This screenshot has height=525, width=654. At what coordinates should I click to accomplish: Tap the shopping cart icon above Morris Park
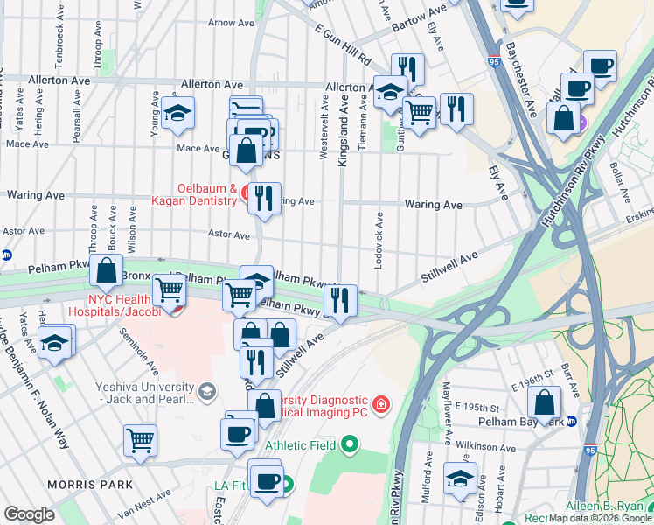tap(140, 441)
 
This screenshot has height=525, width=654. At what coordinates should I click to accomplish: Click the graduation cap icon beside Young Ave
tap(177, 113)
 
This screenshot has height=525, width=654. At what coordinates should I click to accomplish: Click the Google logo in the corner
tap(29, 514)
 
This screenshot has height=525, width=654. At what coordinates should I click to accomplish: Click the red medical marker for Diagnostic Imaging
tap(380, 403)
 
